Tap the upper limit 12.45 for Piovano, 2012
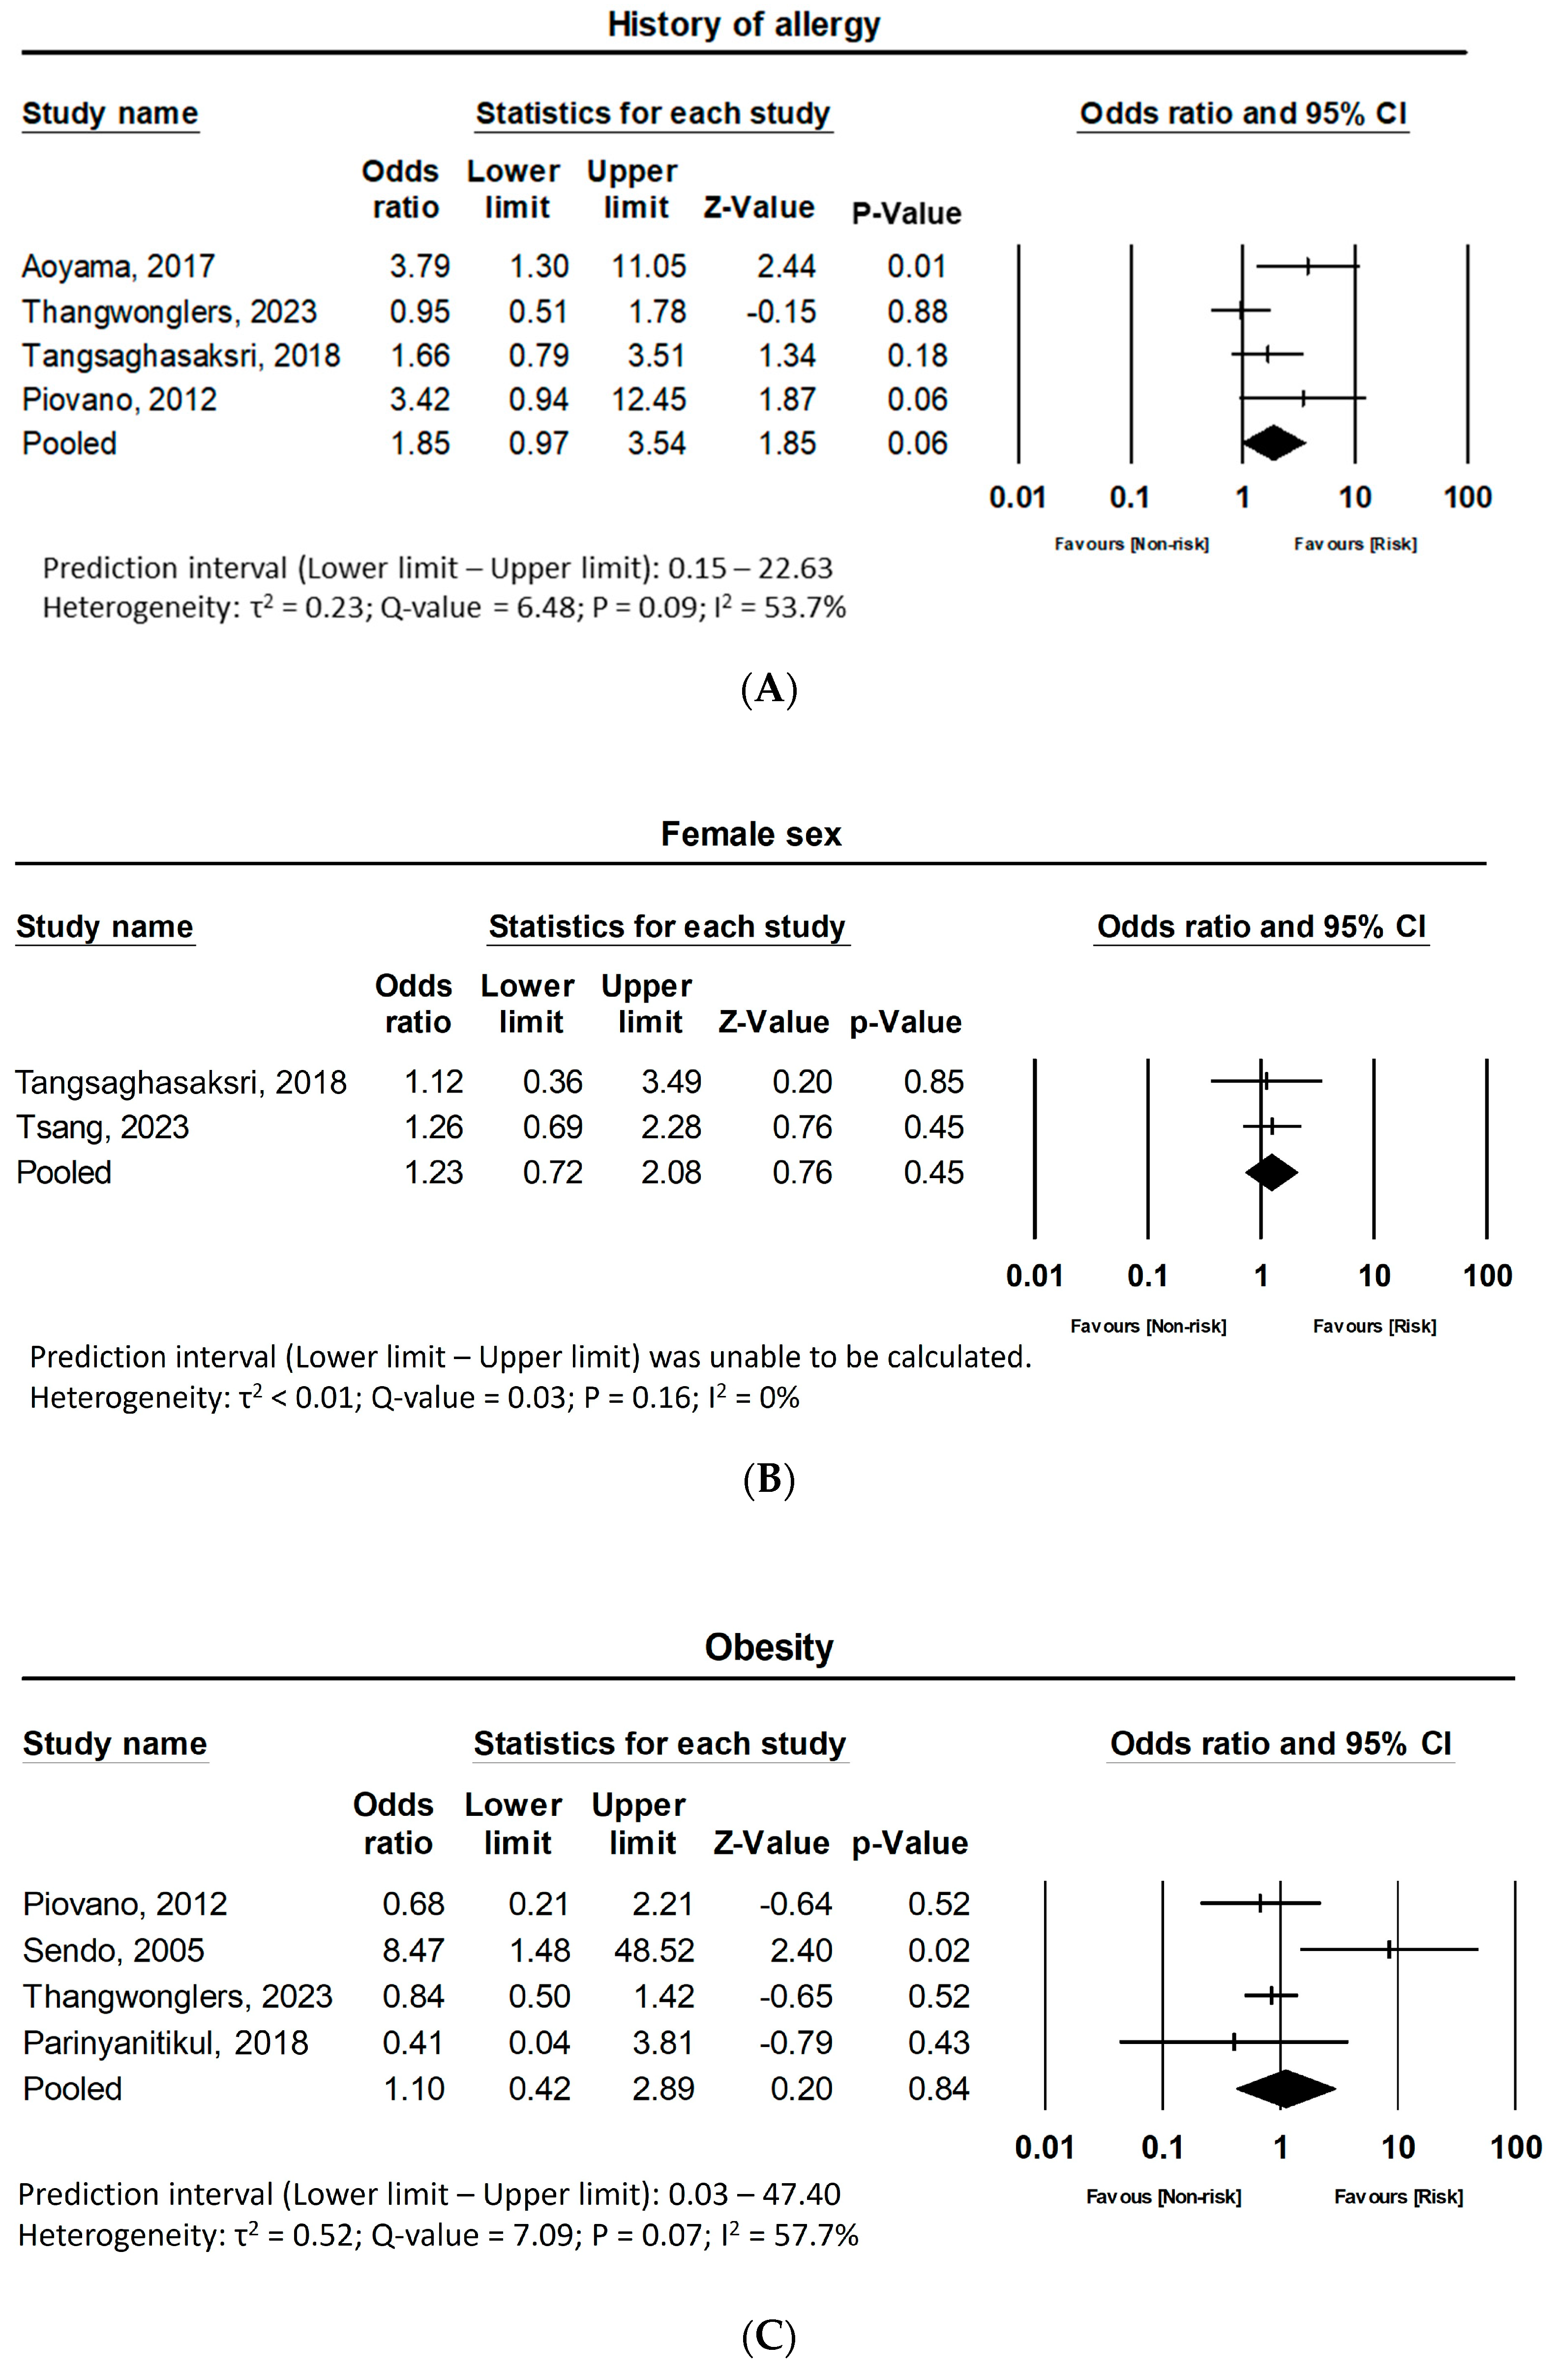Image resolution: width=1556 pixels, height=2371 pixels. tap(649, 399)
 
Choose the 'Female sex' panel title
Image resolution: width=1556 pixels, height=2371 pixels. tap(751, 834)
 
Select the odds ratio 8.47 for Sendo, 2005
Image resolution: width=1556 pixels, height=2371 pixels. tap(414, 1951)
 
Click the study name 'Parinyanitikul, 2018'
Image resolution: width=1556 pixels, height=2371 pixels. tap(165, 2043)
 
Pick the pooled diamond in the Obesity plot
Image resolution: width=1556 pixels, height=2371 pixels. tap(1285, 2089)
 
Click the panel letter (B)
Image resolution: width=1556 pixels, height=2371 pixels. tap(769, 1480)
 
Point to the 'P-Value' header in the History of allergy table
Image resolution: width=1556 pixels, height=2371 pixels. tap(906, 213)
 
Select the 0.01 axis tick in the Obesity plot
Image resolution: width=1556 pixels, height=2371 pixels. tap(1044, 2148)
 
